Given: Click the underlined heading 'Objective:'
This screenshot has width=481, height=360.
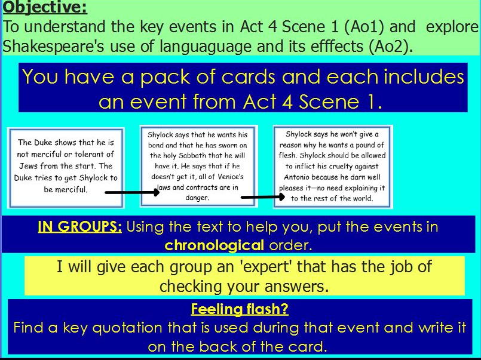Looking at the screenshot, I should (45, 8).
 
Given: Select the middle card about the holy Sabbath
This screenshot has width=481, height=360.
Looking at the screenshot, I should (197, 165).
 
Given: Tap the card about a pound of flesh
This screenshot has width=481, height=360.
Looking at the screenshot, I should (333, 166).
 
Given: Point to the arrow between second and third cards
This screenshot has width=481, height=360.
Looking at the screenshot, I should (262, 196).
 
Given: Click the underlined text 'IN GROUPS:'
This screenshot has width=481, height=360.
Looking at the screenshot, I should (80, 227).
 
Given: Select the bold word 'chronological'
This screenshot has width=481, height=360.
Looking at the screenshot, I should (214, 245).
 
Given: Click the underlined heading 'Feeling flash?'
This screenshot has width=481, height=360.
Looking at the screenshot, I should (240, 309).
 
